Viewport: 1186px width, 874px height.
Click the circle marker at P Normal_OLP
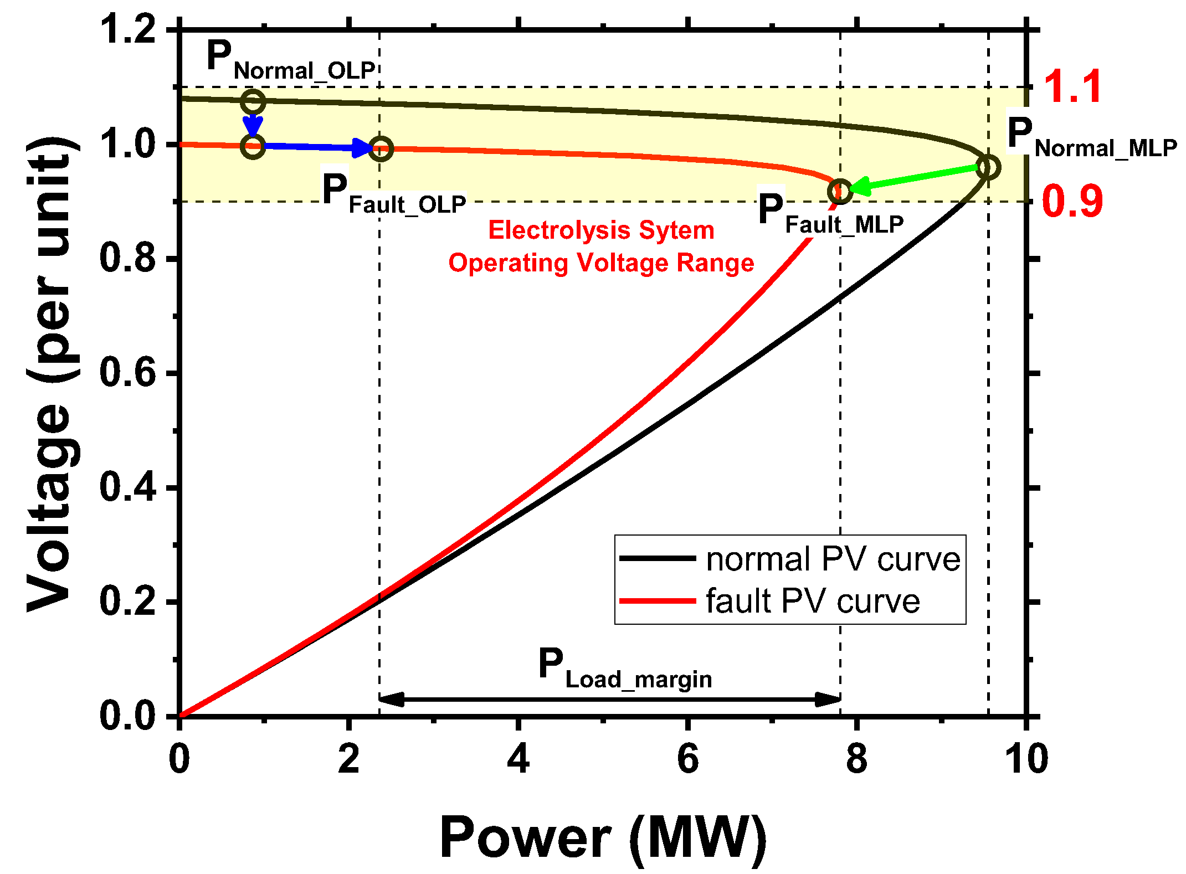pyautogui.click(x=253, y=102)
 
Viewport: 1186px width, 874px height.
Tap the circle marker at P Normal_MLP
pyautogui.click(x=988, y=167)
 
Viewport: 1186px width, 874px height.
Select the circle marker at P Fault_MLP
pyautogui.click(x=840, y=192)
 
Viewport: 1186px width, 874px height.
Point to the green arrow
pyautogui.click(x=914, y=178)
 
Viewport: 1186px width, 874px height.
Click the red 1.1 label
pyautogui.click(x=1072, y=88)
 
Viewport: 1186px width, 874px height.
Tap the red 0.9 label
pyautogui.click(x=1072, y=202)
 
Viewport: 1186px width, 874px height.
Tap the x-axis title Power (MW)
pyautogui.click(x=603, y=838)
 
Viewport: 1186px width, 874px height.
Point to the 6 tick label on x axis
pyautogui.click(x=687, y=760)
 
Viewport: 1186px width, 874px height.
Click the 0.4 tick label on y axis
pyautogui.click(x=127, y=488)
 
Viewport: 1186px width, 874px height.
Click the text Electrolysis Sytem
pyautogui.click(x=601, y=230)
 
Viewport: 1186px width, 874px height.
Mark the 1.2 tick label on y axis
pyautogui.click(x=127, y=30)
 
